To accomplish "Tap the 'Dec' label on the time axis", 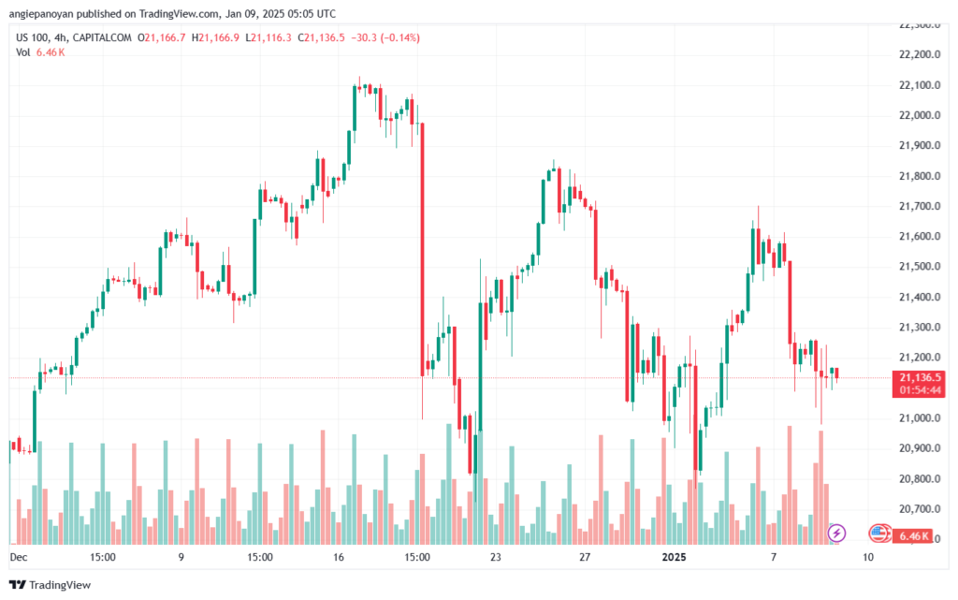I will [19, 557].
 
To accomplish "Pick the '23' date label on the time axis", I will [495, 557].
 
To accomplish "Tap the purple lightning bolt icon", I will [836, 533].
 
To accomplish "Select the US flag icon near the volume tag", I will [878, 534].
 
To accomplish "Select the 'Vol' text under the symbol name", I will [23, 52].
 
